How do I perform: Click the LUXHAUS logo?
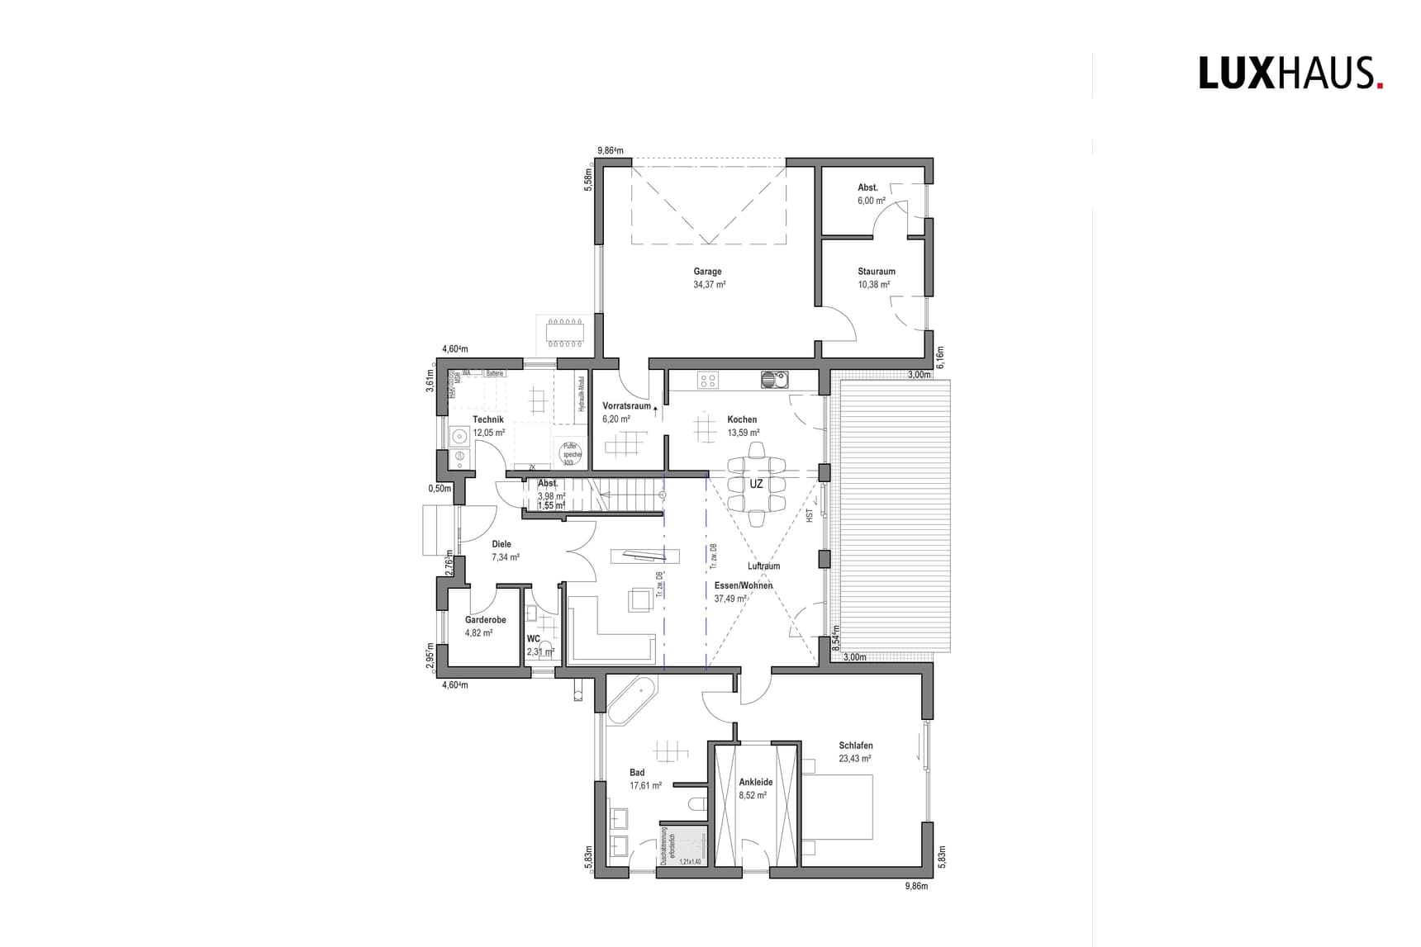[1290, 73]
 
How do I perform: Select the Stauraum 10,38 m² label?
[875, 277]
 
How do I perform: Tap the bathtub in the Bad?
[631, 702]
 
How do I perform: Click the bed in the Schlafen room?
[838, 807]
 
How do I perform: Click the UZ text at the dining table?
[756, 485]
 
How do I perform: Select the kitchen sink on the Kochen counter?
[776, 380]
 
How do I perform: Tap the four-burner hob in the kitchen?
[708, 381]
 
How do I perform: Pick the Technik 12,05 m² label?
[488, 425]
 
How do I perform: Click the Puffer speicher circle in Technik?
[569, 452]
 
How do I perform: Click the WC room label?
[534, 639]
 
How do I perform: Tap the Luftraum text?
[763, 566]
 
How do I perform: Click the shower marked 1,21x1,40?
[684, 845]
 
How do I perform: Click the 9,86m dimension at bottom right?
[916, 886]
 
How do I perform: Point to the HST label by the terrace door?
[810, 515]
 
